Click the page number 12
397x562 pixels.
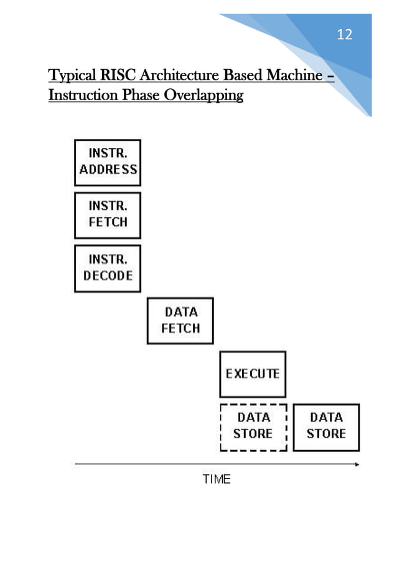[x=344, y=35]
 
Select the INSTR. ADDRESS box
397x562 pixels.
[x=108, y=162]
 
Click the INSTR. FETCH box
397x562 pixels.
[x=108, y=215]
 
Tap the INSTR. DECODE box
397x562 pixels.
[x=108, y=268]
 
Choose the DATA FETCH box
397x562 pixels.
[x=180, y=321]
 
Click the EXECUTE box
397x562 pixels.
[x=253, y=374]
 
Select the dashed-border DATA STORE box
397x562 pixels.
[x=253, y=427]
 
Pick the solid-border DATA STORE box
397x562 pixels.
[x=326, y=427]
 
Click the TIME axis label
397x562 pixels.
[x=217, y=479]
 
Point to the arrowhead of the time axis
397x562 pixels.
[x=357, y=464]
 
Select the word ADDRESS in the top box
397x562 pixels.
[x=108, y=169]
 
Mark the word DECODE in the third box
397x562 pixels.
[x=108, y=276]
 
